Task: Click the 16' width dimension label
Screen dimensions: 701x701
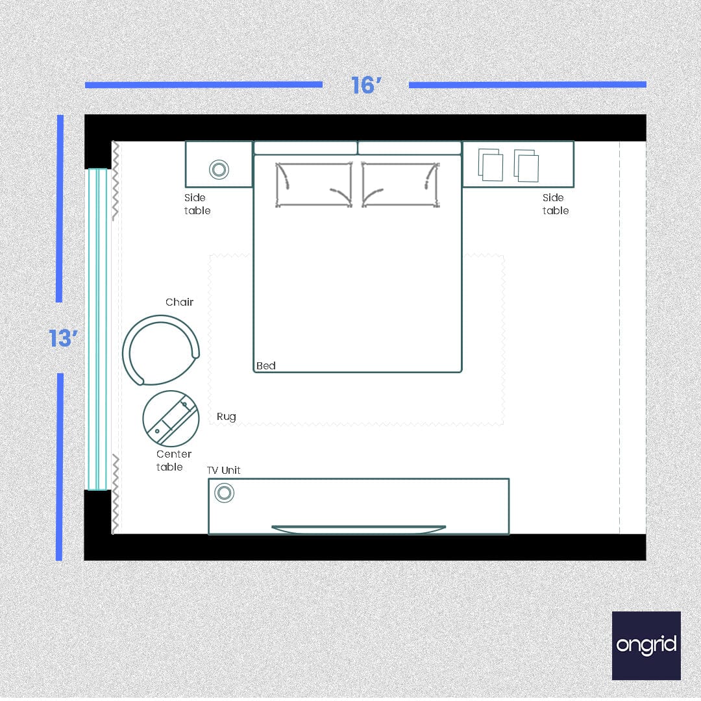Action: [365, 85]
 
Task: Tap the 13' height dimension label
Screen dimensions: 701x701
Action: [64, 338]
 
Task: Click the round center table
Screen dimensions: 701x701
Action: [171, 419]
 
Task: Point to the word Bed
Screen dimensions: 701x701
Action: [266, 366]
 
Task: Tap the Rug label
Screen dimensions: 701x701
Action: [226, 417]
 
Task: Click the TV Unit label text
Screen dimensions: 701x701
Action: [224, 470]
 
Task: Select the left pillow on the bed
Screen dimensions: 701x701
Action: [314, 184]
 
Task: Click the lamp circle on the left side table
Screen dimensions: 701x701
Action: [219, 169]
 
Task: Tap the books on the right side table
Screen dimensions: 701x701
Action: [509, 166]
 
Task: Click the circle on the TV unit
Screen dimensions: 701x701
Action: [225, 493]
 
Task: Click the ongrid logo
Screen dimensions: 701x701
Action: [646, 645]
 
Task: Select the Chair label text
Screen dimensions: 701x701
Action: [179, 302]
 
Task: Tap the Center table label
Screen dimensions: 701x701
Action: [173, 460]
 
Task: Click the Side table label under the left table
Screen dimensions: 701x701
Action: [197, 204]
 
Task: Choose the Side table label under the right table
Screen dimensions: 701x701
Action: [556, 204]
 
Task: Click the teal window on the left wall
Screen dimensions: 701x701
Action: [97, 329]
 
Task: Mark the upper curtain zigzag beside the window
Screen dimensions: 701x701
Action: [116, 180]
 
